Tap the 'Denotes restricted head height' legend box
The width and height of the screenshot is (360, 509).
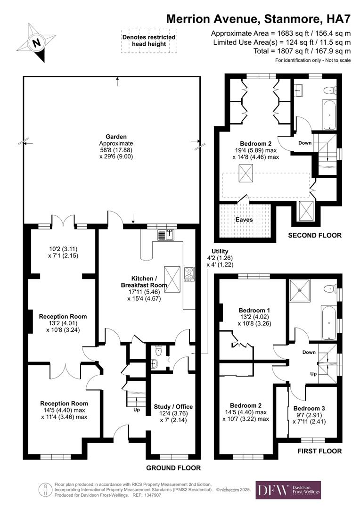click(148, 41)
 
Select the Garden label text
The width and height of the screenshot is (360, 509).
click(116, 137)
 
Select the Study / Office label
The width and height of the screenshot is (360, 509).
click(173, 406)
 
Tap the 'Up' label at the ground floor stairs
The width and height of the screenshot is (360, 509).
click(137, 410)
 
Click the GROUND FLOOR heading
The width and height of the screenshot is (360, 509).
click(173, 468)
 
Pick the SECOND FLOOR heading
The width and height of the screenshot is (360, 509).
click(315, 235)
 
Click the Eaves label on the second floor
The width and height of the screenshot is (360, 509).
click(244, 220)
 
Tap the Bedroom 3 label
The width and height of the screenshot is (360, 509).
click(309, 408)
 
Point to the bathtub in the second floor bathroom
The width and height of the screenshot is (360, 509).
click(329, 115)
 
